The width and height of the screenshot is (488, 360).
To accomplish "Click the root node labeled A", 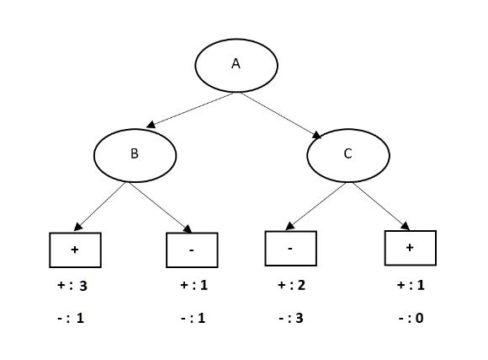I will click(236, 65).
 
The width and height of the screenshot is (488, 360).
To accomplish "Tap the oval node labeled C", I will click(348, 154).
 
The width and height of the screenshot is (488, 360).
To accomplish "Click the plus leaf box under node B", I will click(76, 250).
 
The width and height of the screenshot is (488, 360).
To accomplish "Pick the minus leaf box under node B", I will click(192, 250).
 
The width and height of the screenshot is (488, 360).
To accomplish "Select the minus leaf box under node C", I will click(290, 248).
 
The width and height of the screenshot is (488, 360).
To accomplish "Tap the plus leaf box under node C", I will click(410, 247).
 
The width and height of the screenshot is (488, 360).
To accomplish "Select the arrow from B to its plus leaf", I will click(102, 206).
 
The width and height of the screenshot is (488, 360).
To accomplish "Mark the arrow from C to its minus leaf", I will click(316, 207).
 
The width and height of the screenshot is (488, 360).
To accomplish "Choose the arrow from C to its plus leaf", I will click(381, 206).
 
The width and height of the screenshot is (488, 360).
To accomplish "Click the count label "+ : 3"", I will click(72, 287).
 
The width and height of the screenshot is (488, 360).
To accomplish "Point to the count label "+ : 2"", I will click(291, 287).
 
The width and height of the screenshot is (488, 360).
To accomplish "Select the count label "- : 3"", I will click(291, 320).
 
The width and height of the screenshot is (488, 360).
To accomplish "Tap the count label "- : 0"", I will click(411, 320).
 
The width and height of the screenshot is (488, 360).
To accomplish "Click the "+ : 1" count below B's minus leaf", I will click(194, 287).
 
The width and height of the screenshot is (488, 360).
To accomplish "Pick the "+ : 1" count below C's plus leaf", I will click(411, 287).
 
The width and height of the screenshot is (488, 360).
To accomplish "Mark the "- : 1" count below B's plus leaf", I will click(72, 320).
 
